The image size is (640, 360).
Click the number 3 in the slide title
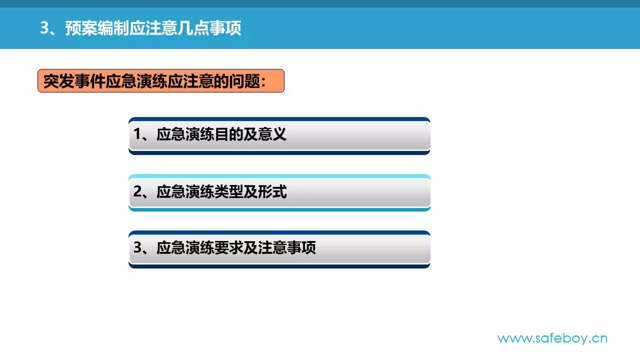[44, 28]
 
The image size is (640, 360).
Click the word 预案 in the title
[81, 28]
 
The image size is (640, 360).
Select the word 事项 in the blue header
[225, 28]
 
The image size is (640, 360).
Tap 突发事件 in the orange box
[74, 81]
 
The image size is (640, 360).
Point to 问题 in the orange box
[244, 81]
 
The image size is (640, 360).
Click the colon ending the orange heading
[263, 82]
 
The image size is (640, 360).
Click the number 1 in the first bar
[137, 134]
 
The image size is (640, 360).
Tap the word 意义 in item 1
[272, 134]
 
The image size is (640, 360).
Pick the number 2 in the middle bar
[137, 191]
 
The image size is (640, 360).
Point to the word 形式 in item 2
[272, 191]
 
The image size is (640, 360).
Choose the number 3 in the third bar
[137, 247]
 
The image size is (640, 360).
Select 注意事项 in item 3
[286, 247]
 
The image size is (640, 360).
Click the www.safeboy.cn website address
[552, 339]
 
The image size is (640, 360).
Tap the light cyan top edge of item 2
[279, 176]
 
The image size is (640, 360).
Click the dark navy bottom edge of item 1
[279, 153]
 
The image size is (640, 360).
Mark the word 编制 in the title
[113, 28]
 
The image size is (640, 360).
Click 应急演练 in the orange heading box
[136, 81]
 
